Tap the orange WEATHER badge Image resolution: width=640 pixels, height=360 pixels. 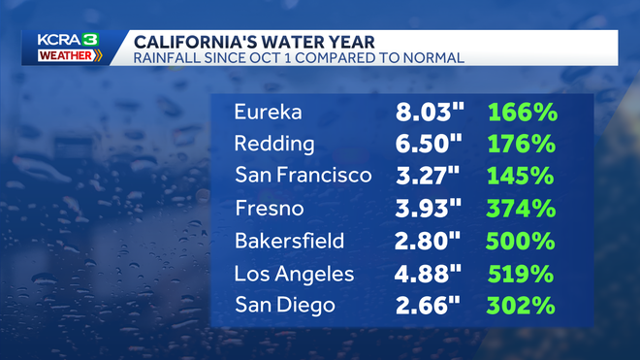[x=67, y=56]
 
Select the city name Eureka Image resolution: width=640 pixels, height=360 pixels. [x=268, y=113]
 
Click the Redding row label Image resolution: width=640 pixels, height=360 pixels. [x=274, y=145]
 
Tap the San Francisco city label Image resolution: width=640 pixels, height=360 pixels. [x=303, y=176]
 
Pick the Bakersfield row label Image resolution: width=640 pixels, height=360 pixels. [x=289, y=240]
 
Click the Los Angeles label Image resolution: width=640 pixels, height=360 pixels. [x=295, y=273]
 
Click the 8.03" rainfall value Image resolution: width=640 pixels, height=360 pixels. [x=431, y=113]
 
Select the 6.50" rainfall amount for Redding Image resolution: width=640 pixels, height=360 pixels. [x=431, y=145]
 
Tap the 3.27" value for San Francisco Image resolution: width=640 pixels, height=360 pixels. [x=429, y=176]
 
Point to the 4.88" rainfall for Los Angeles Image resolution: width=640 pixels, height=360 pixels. [x=431, y=273]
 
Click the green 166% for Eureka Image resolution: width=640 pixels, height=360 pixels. [x=522, y=113]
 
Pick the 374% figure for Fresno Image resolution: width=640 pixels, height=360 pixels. [x=522, y=208]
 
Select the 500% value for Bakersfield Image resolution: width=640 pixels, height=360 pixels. [x=522, y=240]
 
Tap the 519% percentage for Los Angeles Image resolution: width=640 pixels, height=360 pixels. [x=522, y=273]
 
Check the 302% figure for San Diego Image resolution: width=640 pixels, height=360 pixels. [x=522, y=304]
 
